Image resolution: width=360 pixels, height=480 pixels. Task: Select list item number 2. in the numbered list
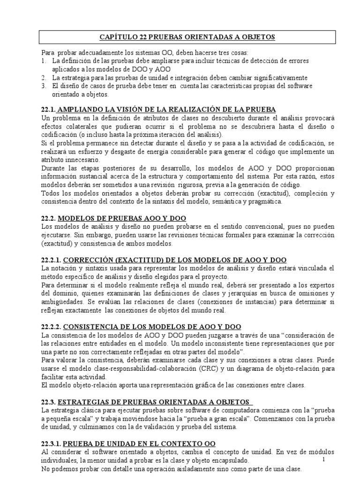[x=44, y=77]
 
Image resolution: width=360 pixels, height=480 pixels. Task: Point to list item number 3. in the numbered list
[x=44, y=86]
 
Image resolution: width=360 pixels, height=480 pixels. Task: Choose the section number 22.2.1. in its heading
[x=51, y=260]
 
